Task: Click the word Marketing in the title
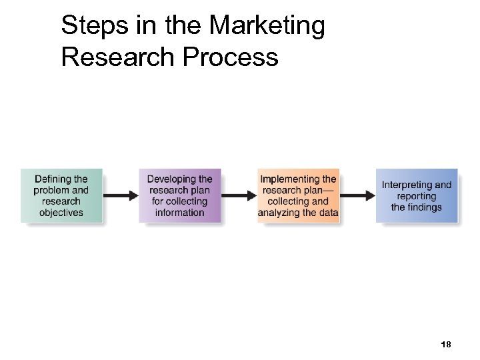(x=267, y=27)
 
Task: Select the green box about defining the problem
(x=61, y=195)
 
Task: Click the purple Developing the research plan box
(x=179, y=195)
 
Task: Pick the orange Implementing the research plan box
(x=298, y=195)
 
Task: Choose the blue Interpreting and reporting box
(x=417, y=195)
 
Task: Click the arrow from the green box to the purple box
(x=121, y=196)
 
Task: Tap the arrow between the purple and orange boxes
(x=239, y=196)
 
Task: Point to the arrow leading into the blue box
(x=357, y=196)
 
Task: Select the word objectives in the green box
(x=61, y=213)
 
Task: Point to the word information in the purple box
(x=179, y=213)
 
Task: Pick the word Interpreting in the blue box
(x=407, y=185)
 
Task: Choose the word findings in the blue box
(x=425, y=207)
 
